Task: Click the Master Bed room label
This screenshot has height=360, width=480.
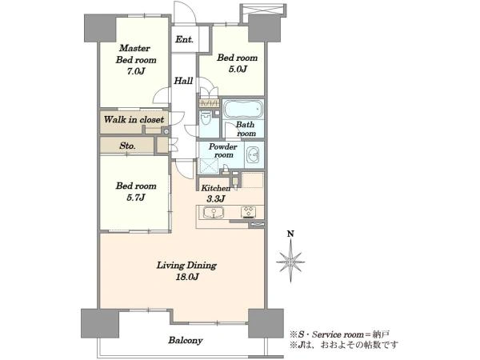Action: tap(136, 54)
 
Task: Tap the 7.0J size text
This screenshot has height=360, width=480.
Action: tap(136, 71)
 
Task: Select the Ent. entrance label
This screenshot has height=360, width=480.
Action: tap(184, 39)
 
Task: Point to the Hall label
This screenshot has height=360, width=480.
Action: tap(183, 81)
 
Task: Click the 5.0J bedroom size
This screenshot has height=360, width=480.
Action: tap(238, 69)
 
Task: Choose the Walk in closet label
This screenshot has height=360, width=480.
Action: tap(134, 119)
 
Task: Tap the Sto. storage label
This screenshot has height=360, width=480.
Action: tap(127, 146)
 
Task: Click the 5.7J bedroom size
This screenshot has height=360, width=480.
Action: tap(136, 198)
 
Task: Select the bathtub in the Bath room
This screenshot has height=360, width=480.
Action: tap(243, 109)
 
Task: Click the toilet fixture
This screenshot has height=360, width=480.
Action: tap(205, 118)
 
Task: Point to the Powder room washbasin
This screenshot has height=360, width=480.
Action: tap(253, 155)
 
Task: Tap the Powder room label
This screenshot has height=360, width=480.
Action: tap(223, 150)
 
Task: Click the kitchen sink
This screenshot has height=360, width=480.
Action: tap(214, 213)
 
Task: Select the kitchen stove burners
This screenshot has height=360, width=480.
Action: tap(248, 212)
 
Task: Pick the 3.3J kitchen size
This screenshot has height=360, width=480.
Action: tap(216, 199)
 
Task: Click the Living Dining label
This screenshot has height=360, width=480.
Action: tap(186, 265)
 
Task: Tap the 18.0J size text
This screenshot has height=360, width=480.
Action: tap(187, 277)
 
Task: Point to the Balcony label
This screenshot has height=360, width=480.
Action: tap(186, 341)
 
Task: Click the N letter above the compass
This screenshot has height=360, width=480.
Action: tap(290, 234)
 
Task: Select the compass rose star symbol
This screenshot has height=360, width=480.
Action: tap(290, 262)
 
